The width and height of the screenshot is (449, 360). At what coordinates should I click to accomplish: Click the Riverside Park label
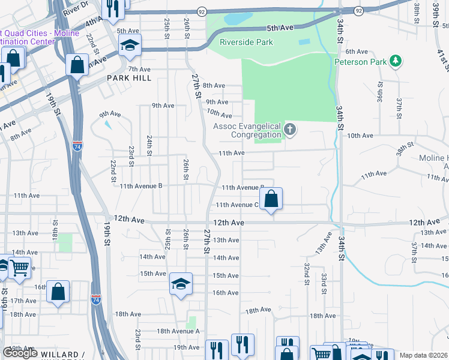click(x=246, y=42)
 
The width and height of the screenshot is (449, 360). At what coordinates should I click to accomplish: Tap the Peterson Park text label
click(x=360, y=61)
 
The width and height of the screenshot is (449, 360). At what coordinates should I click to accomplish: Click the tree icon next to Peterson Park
click(x=395, y=61)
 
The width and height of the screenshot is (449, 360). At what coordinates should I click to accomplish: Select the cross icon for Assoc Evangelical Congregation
click(x=290, y=130)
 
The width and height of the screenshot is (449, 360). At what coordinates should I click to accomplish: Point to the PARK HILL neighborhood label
click(x=128, y=78)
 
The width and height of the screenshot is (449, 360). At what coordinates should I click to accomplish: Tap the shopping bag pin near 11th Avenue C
click(x=271, y=199)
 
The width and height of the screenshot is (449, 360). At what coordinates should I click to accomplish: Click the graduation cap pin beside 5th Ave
click(x=130, y=46)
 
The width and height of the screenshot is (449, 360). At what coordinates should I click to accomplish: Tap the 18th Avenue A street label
click(x=178, y=331)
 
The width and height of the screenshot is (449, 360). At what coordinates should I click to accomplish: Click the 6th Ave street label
click(x=356, y=52)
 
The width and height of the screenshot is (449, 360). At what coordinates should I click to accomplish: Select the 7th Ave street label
click(x=139, y=69)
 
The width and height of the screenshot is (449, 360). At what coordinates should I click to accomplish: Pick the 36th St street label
click(x=380, y=93)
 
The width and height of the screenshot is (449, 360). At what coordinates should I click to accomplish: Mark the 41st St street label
click(x=442, y=60)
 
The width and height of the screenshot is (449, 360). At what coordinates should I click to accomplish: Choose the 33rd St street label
click(x=324, y=280)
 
